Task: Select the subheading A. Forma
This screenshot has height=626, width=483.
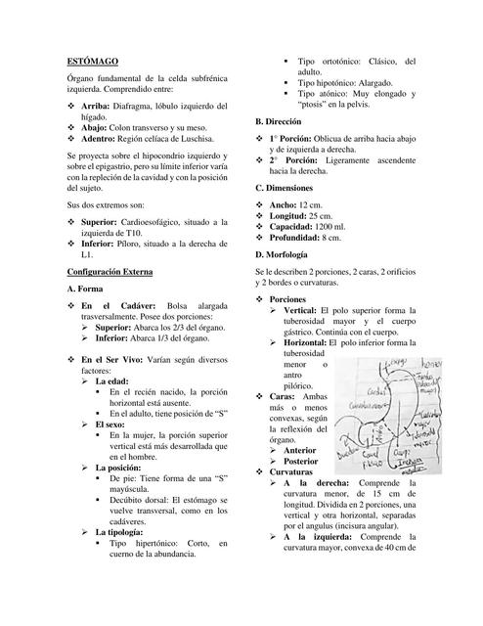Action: pos(90,290)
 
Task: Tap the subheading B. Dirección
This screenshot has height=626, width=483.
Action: pos(284,120)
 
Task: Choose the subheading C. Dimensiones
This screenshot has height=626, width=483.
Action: pos(290,187)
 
